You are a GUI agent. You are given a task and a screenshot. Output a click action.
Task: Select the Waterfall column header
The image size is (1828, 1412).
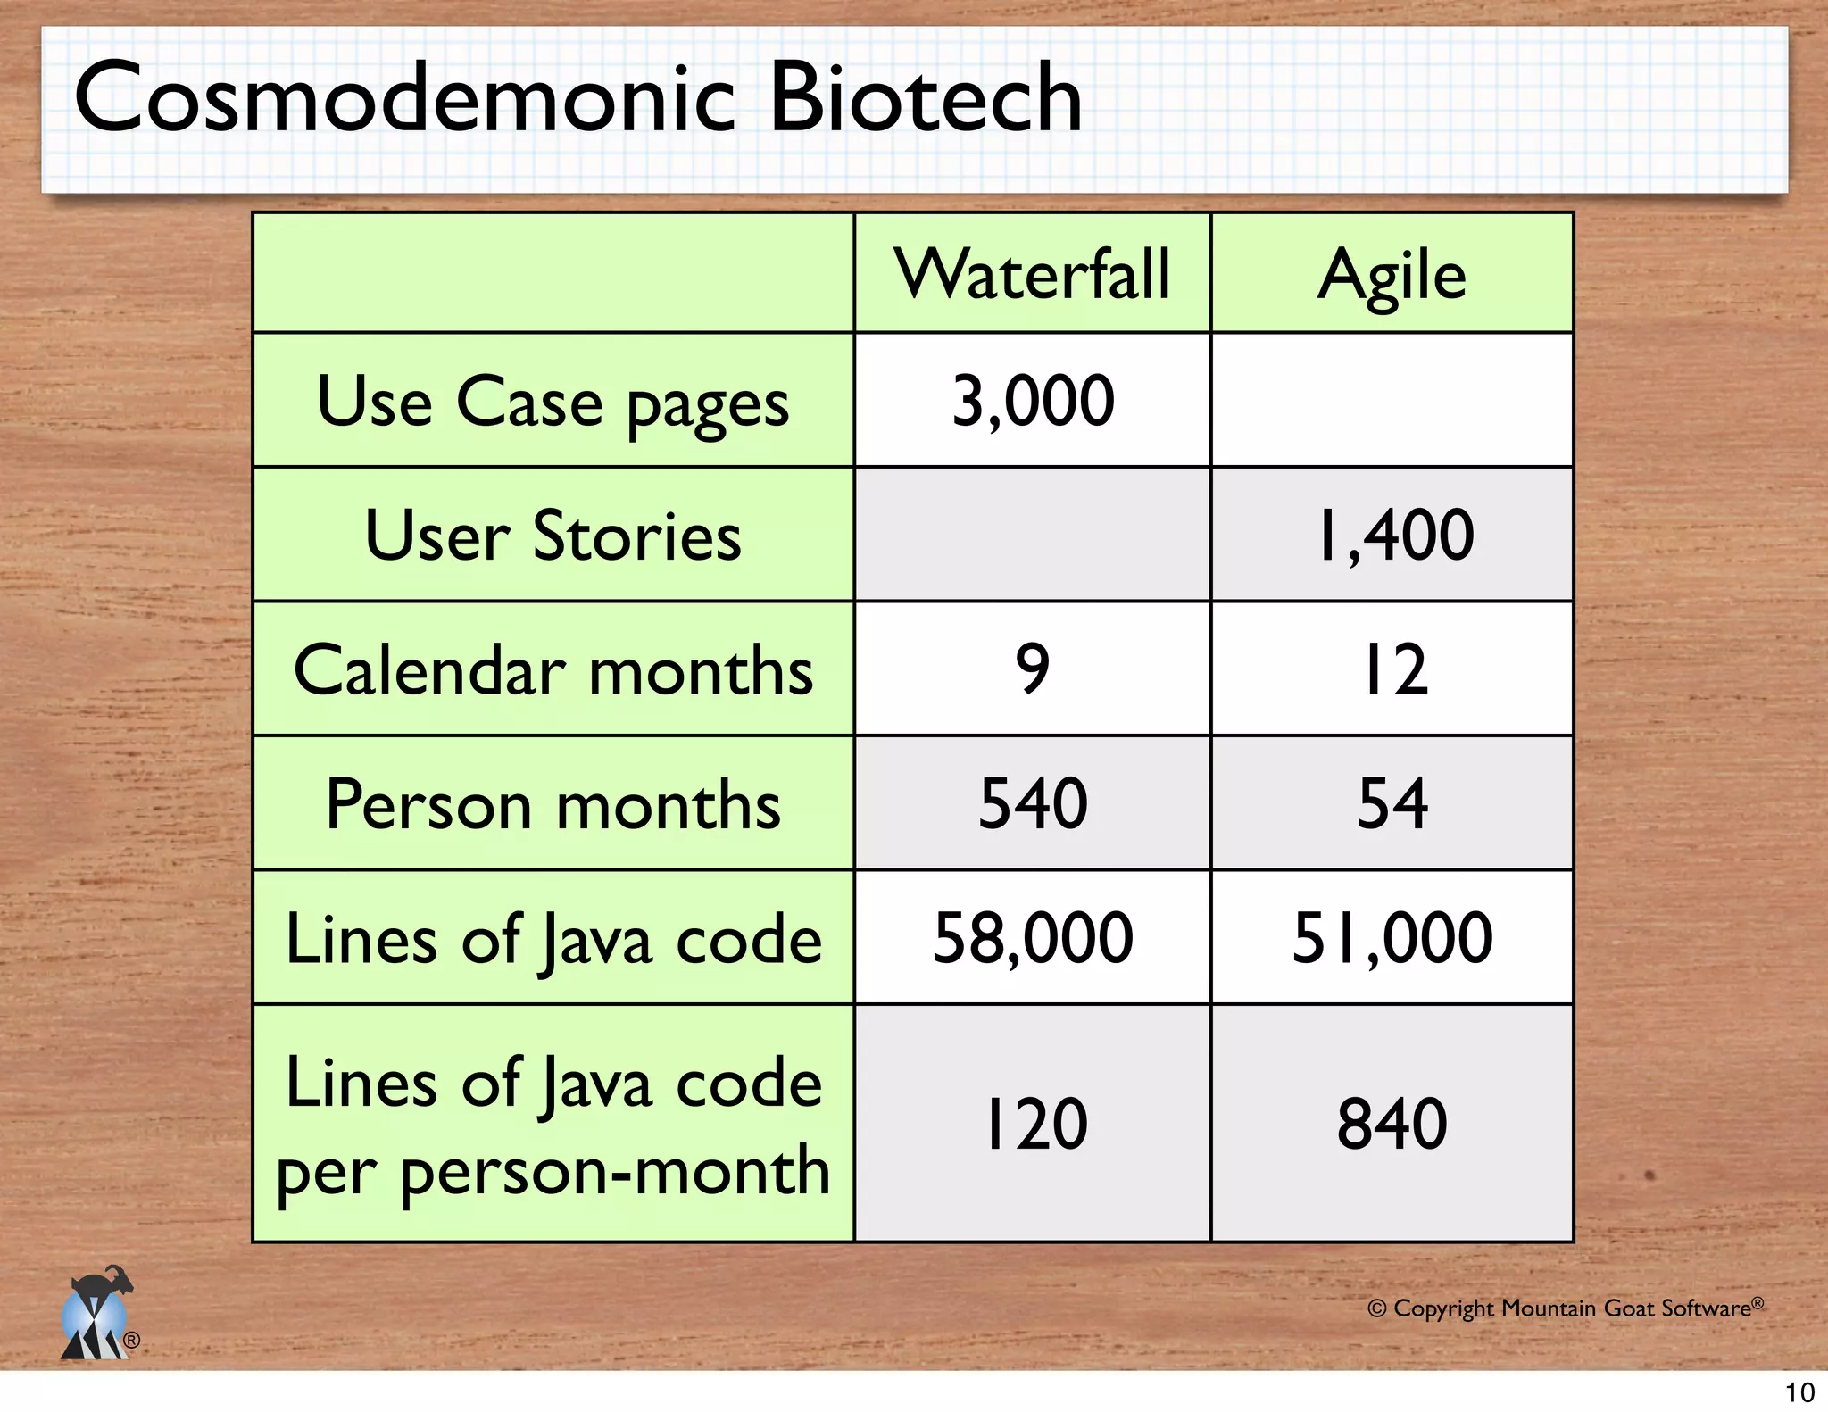[x=1033, y=274]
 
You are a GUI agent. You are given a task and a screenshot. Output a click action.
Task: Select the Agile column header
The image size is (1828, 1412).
[x=1392, y=274]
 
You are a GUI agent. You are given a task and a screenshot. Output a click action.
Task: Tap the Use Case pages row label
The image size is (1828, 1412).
[x=553, y=402]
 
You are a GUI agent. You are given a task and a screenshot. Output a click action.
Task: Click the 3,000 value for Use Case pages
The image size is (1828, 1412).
[x=1033, y=401]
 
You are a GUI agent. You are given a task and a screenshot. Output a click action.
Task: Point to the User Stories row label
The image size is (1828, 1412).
[x=553, y=536]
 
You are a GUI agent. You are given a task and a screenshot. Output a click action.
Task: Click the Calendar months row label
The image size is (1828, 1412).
[x=553, y=669]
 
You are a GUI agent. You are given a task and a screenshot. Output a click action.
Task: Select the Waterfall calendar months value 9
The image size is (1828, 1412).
[x=1033, y=669]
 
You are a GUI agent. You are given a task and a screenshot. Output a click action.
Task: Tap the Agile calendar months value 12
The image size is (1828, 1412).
[x=1392, y=669]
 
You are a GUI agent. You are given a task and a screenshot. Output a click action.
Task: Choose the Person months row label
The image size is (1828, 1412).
[x=553, y=804]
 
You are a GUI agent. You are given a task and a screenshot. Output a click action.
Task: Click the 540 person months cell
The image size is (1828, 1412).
[x=1033, y=803]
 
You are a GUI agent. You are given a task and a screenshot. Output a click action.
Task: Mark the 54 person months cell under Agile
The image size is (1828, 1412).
[x=1392, y=803]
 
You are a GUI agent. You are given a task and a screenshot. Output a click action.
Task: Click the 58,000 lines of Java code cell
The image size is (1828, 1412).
[x=1033, y=938]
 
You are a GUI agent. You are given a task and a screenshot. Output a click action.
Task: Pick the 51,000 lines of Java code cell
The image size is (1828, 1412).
[x=1392, y=938]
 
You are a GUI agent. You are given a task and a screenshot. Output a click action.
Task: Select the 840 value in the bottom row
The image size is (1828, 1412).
[x=1392, y=1124]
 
